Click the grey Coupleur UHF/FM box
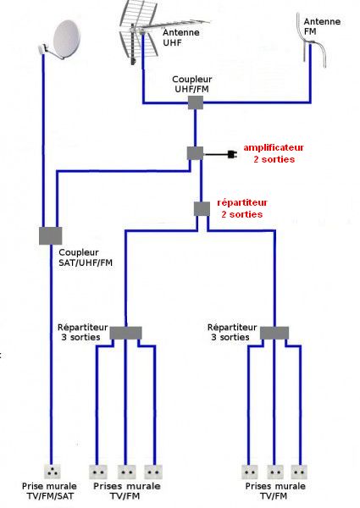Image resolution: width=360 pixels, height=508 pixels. [196, 102]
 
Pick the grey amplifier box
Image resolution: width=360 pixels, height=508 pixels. [196, 153]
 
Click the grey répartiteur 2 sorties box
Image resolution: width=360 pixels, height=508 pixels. [202, 209]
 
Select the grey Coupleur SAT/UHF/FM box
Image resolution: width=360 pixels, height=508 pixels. [51, 236]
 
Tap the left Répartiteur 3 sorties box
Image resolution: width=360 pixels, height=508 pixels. [125, 333]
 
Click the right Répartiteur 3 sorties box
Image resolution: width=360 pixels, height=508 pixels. [274, 333]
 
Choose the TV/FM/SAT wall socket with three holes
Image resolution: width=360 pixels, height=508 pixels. [52, 472]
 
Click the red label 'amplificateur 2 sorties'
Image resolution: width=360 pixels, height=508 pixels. [274, 153]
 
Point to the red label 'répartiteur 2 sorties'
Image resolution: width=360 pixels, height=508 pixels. [242, 208]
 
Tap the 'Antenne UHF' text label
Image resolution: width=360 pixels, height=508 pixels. [180, 37]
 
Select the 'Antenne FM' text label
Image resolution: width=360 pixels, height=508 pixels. [322, 26]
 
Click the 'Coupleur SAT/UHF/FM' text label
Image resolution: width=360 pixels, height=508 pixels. [86, 257]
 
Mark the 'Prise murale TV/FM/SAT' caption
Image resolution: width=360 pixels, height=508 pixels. [49, 491]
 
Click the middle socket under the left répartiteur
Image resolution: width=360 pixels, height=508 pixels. [126, 472]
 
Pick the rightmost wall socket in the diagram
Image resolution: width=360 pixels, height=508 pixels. [299, 472]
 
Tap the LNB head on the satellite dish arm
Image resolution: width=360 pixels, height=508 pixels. [42, 48]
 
